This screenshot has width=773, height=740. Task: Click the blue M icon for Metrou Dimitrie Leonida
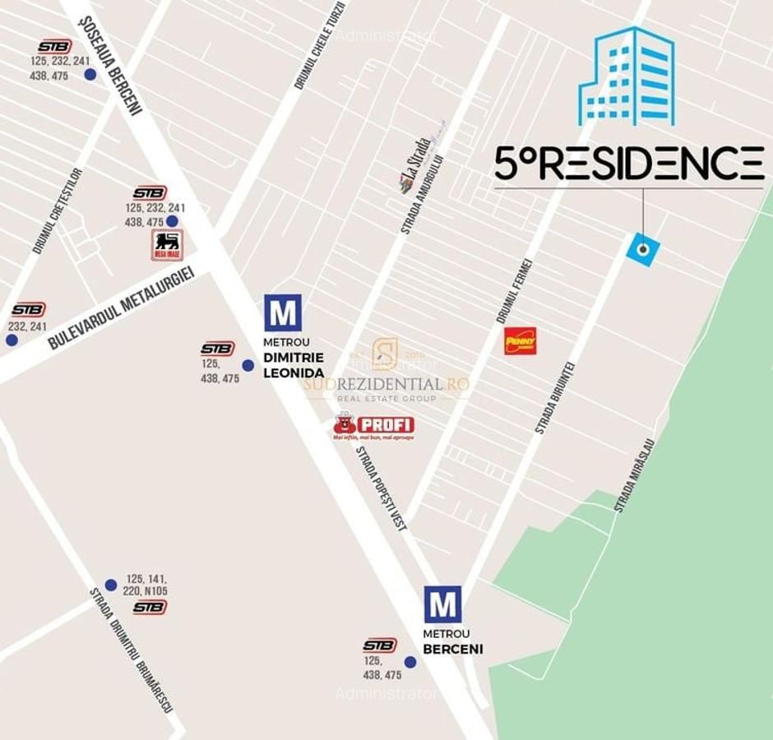pyautogui.click(x=282, y=312)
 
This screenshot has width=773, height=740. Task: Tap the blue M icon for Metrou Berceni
pyautogui.click(x=442, y=604)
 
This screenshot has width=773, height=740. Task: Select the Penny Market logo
pyautogui.click(x=520, y=340)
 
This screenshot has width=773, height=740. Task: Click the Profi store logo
pyautogui.click(x=373, y=426)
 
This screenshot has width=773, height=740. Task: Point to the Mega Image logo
pyautogui.click(x=167, y=244)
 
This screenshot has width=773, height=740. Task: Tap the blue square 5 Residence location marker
pyautogui.click(x=642, y=249)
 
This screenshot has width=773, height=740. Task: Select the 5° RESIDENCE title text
pyautogui.click(x=629, y=163)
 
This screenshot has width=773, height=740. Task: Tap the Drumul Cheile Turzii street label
pyautogui.click(x=319, y=45)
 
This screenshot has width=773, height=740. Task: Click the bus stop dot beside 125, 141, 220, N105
pyautogui.click(x=111, y=585)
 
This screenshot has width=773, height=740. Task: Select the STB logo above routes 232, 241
pyautogui.click(x=28, y=309)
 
